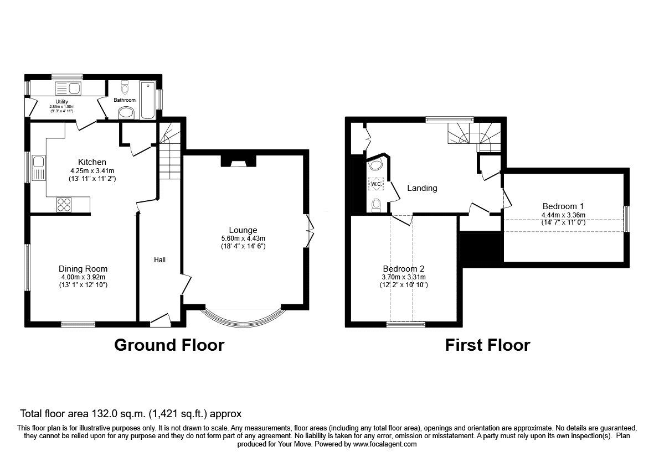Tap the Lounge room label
243,230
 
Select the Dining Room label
83,269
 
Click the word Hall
159,259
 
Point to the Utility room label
61,102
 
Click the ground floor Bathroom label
125,100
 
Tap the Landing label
422,188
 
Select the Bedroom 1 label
563,206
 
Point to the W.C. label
376,183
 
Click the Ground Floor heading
169,345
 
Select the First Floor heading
487,345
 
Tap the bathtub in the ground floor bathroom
148,100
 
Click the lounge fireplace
239,161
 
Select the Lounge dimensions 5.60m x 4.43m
243,238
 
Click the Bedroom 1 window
627,219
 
